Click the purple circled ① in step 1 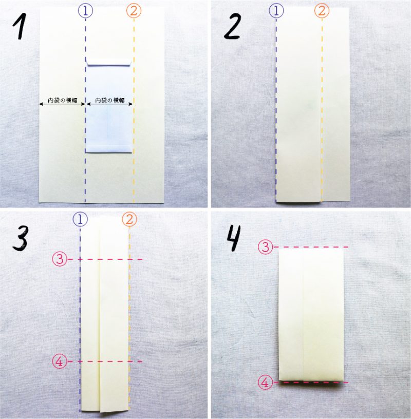click(x=85, y=10)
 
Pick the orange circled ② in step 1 click(x=134, y=10)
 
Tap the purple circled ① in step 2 click(x=276, y=10)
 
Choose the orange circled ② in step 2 click(x=322, y=10)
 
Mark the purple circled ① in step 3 click(x=80, y=220)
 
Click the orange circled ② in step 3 click(x=129, y=220)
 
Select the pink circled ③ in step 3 click(x=59, y=259)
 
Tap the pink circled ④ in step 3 click(x=59, y=361)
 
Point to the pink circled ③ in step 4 click(x=265, y=247)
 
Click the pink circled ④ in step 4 click(x=265, y=383)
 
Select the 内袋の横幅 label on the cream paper click(x=62, y=101)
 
